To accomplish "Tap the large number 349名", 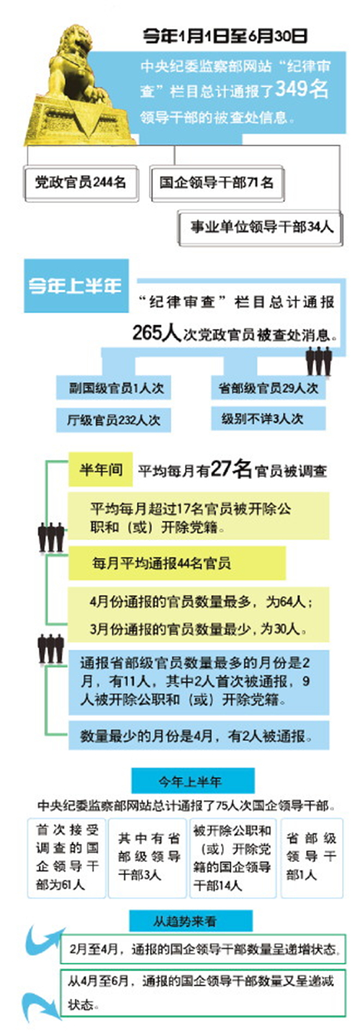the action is [302, 89].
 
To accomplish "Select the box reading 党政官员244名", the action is [81, 182].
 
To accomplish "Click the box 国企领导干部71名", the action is [217, 183].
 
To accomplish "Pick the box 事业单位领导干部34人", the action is [260, 227].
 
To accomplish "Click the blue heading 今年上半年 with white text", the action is [76, 286].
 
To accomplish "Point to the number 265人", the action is [156, 332].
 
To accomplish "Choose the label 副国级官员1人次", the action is [113, 387].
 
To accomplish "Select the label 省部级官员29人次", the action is [269, 387].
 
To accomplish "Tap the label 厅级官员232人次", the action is [113, 420].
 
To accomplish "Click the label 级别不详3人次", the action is [269, 419].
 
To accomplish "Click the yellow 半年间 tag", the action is [101, 470].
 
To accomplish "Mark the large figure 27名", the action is [231, 469].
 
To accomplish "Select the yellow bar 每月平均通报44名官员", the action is [177, 563].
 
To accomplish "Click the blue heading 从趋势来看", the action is [191, 921].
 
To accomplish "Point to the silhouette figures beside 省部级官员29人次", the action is [319, 362].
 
